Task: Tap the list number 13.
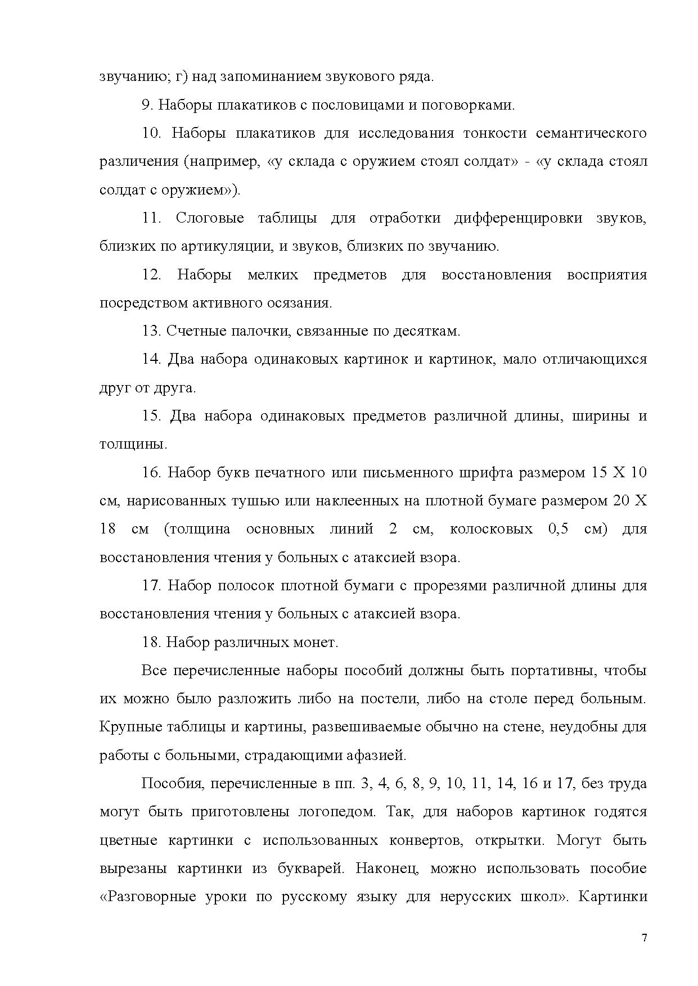151,331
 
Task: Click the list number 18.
151,643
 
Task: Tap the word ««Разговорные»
147,897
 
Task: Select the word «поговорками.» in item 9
468,105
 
